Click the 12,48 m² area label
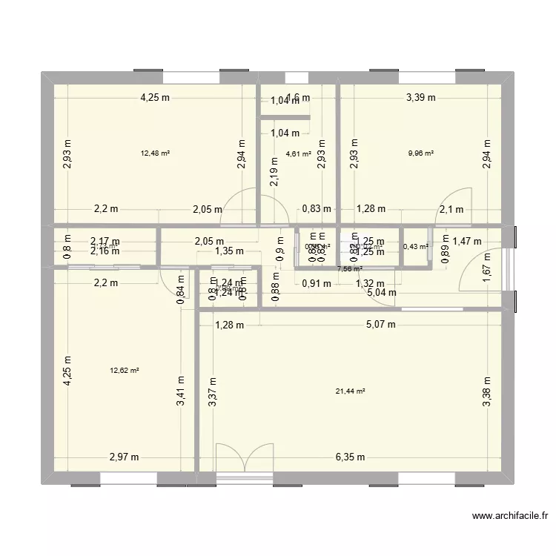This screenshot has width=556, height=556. coord(155,153)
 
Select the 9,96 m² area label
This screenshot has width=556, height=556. coord(420,153)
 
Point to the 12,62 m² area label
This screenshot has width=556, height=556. coord(125,371)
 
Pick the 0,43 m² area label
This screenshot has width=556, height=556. coord(415,247)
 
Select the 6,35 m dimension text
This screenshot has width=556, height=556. coord(350,457)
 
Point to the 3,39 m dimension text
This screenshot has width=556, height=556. coord(420,97)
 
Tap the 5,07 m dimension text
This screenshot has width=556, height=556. coord(380,324)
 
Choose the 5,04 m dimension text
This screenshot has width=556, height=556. coord(380,292)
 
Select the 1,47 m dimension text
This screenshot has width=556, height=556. coord(467,241)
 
